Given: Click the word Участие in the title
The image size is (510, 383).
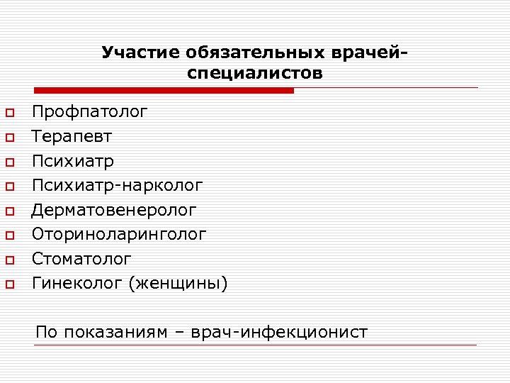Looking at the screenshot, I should pyautogui.click(x=142, y=53).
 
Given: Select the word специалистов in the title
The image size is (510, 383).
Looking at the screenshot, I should pyautogui.click(x=255, y=74).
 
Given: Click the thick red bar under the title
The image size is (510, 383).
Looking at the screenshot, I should pyautogui.click(x=164, y=91).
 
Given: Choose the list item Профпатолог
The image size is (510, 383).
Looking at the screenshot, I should pyautogui.click(x=90, y=111).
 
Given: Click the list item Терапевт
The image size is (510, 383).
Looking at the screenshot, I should pyautogui.click(x=72, y=135).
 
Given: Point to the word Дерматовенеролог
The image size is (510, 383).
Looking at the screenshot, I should pyautogui.click(x=114, y=210).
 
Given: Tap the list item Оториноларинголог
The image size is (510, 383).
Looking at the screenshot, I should pyautogui.click(x=119, y=234).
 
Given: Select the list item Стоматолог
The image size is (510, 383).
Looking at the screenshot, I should pyautogui.click(x=81, y=259).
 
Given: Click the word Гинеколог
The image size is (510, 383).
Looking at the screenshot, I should pyautogui.click(x=77, y=284).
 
